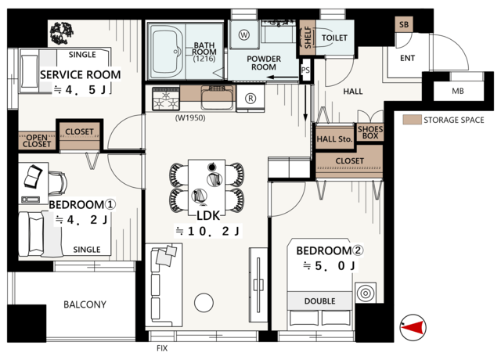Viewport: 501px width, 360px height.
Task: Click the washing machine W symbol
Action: (244, 34)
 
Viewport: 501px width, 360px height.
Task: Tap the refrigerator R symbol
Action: (250, 99)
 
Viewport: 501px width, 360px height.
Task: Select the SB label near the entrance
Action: (404, 24)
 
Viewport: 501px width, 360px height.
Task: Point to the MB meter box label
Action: (457, 92)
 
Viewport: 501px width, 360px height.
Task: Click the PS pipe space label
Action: (305, 70)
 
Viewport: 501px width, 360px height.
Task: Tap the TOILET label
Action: (334, 38)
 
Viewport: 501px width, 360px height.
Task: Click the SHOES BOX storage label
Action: (370, 132)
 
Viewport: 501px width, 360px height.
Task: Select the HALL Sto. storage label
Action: (334, 139)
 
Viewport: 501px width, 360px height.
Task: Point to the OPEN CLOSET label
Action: (37, 141)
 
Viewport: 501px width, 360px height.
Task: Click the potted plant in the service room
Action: (62, 33)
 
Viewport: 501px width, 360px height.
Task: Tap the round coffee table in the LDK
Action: (204, 303)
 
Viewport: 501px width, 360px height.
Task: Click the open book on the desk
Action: (33, 175)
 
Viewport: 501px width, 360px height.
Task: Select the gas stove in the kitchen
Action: (166, 99)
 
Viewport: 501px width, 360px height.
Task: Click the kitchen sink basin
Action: (218, 98)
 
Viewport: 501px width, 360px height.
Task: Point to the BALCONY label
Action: (85, 304)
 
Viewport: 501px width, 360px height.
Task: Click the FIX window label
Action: (162, 348)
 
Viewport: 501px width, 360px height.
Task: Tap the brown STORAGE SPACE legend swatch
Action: (412, 120)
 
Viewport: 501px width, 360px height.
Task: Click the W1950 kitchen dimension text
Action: (190, 118)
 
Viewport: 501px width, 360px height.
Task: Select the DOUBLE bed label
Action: (320, 301)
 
